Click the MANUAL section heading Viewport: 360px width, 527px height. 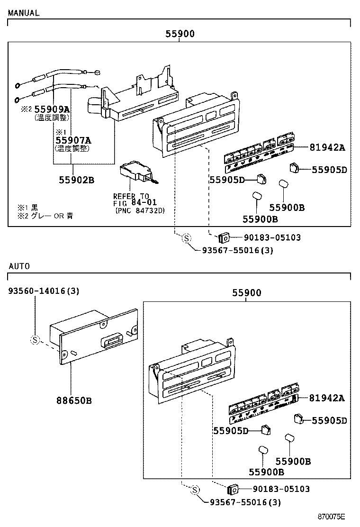coord(23,13)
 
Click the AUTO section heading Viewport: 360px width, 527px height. coord(19,266)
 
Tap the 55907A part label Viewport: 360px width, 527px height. coord(73,140)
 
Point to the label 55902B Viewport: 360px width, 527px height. coord(77,180)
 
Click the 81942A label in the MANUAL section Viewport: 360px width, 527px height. coord(327,147)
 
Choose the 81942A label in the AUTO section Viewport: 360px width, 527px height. coord(327,398)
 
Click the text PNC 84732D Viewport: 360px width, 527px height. coord(139,210)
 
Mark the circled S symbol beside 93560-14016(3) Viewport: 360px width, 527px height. coord(35,339)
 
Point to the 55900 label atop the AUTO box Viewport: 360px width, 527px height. coord(246,293)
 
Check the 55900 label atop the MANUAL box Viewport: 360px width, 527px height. coord(180,34)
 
